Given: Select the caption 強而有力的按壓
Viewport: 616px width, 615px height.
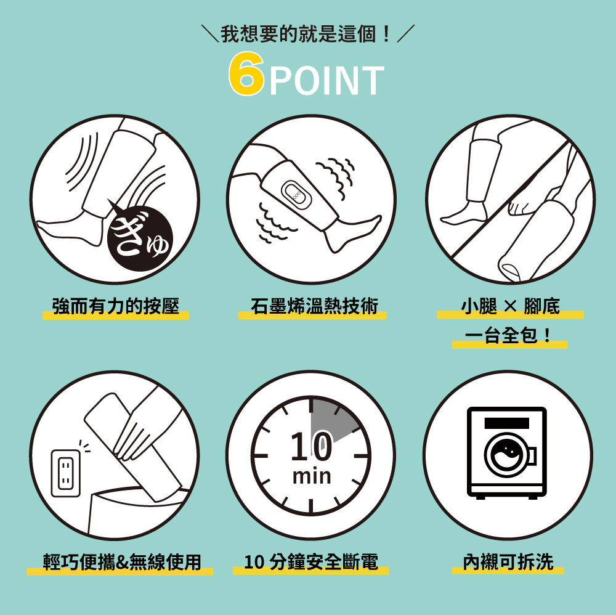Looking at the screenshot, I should pos(116,306).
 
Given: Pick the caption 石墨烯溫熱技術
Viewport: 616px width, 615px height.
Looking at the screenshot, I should pos(314,306).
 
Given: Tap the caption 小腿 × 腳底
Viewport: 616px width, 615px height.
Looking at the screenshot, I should pos(511,306).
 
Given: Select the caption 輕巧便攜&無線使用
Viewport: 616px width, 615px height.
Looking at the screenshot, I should pos(121,562).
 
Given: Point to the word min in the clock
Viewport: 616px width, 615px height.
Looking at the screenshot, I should pos(311,476).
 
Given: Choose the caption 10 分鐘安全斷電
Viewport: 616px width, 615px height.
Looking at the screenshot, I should pos(311,562).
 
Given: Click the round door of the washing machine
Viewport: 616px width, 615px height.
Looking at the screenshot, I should pos(506,456).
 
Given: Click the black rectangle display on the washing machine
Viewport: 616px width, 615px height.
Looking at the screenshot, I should pos(506,423).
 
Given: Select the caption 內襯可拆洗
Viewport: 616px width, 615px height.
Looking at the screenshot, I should pos(508,562).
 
